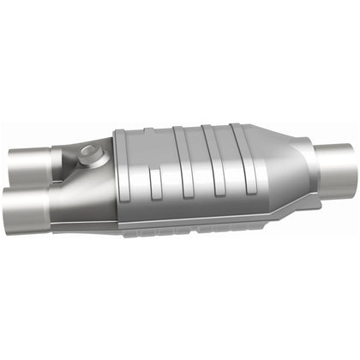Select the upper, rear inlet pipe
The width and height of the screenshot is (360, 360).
(30, 161)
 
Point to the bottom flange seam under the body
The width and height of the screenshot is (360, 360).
(189, 229)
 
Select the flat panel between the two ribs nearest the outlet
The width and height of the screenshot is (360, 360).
(222, 171)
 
